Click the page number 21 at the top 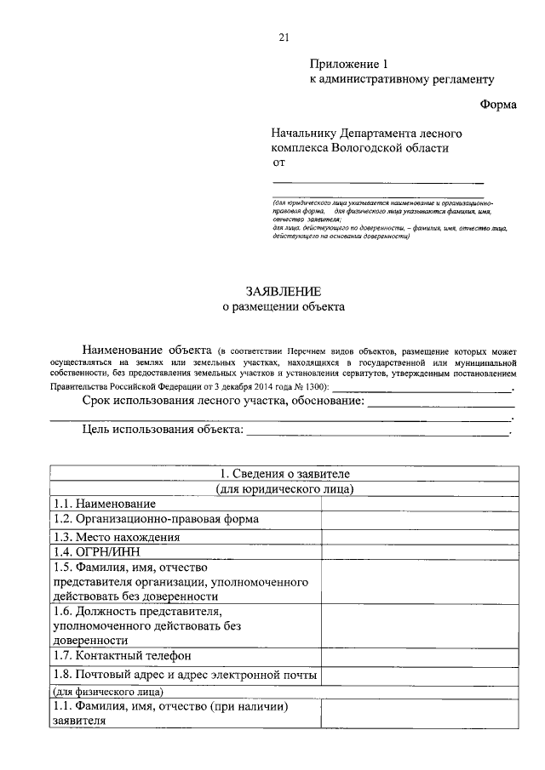click(x=284, y=36)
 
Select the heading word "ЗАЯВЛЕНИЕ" click(x=284, y=292)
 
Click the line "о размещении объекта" click(x=284, y=308)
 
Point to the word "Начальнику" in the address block click(x=304, y=134)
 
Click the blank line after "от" click(x=377, y=181)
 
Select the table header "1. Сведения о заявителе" click(x=284, y=473)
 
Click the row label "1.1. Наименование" click(x=105, y=504)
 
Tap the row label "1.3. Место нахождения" click(x=117, y=538)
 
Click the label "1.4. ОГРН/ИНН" click(x=95, y=551)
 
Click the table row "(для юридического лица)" click(x=284, y=488)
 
